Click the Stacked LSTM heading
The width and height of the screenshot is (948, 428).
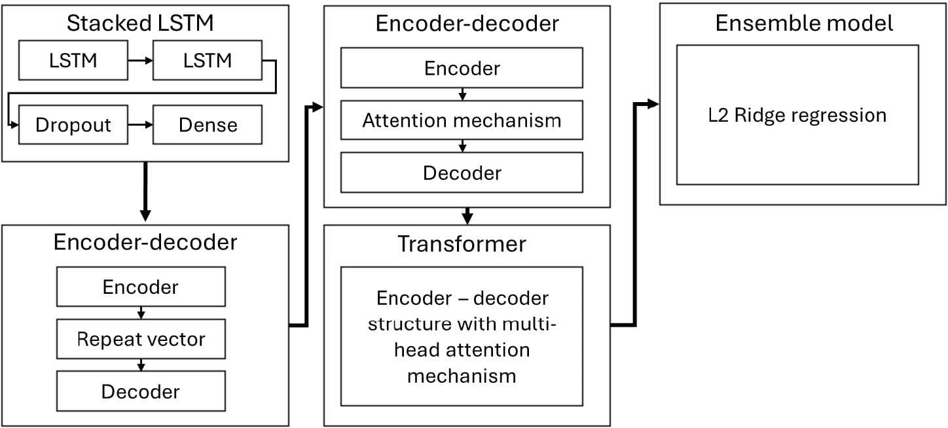[140, 24]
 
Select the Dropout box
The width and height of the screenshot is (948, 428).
[73, 124]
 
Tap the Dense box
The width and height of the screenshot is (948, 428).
[208, 124]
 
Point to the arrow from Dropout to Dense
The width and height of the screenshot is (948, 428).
[140, 124]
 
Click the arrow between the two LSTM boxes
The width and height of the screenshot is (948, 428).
[140, 60]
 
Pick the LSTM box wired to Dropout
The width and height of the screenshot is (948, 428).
[208, 60]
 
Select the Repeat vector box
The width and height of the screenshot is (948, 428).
[141, 339]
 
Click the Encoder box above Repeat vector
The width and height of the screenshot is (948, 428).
[141, 287]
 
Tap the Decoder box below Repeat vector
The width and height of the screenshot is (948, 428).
[141, 391]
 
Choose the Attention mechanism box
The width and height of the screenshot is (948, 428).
[462, 120]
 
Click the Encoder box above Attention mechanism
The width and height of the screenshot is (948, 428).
[462, 68]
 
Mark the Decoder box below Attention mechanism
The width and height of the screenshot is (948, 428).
[462, 173]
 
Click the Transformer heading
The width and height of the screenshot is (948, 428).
[462, 244]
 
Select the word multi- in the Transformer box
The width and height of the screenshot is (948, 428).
[535, 324]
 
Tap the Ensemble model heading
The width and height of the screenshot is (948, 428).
[803, 24]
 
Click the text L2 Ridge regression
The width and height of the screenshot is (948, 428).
[797, 116]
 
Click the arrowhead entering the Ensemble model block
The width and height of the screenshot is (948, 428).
[652, 104]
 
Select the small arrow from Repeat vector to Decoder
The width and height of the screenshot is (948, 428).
[141, 365]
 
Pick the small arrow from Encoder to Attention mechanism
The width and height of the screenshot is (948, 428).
[462, 94]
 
